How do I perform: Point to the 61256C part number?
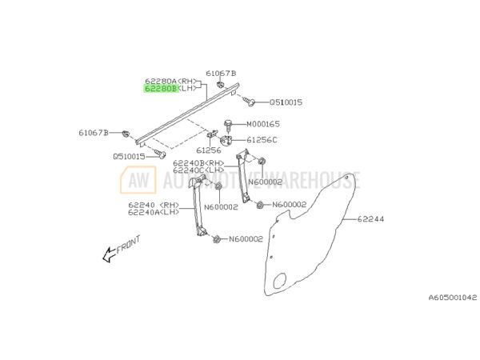click(262, 139)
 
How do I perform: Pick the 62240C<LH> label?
click(198, 170)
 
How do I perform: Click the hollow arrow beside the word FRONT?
click(106, 255)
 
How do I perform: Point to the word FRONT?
click(128, 244)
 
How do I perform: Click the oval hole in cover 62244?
click(279, 280)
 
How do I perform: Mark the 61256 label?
click(209, 150)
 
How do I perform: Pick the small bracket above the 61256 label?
click(214, 134)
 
